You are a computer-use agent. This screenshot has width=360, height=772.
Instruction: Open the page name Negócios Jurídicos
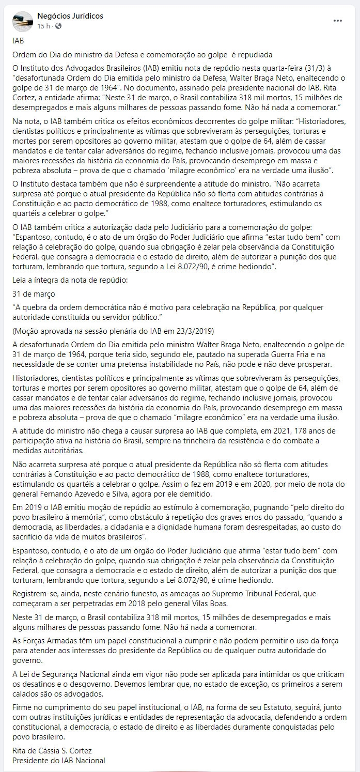[70, 16]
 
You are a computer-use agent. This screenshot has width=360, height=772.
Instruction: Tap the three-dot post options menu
[338, 21]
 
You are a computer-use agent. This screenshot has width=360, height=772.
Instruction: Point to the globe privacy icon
[57, 25]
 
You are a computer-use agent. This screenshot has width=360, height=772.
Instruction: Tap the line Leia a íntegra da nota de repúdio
[69, 280]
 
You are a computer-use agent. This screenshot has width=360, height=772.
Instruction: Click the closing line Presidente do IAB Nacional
[58, 760]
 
